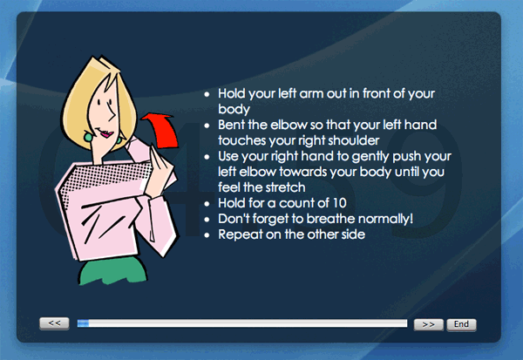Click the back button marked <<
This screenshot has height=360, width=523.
(x=54, y=323)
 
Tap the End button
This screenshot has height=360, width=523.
(x=461, y=324)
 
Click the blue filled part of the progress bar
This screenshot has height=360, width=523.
(x=83, y=323)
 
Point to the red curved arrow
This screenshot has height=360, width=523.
(x=164, y=131)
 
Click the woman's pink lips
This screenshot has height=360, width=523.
(x=106, y=134)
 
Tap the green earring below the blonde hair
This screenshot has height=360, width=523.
(x=88, y=137)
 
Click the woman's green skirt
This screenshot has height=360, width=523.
(x=112, y=271)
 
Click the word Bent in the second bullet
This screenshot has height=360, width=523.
(x=231, y=125)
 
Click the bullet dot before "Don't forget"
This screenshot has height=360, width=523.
(x=207, y=219)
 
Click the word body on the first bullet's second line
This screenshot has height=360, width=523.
(x=234, y=110)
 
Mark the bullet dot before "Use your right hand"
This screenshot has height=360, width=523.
(x=207, y=157)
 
